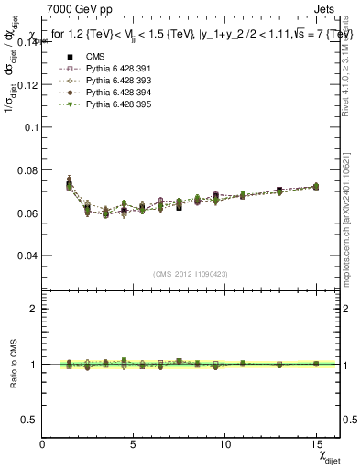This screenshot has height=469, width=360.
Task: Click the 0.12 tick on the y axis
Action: pos(27,84)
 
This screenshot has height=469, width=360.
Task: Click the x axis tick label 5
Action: pos(134,443)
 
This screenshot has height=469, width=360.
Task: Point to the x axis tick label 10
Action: pos(224,443)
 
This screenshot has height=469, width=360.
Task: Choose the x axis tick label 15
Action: pos(315,443)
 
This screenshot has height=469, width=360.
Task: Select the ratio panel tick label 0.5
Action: pos(29,420)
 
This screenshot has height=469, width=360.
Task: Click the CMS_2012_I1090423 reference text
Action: pos(191,273)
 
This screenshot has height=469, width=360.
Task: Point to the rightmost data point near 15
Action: pos(315,186)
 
